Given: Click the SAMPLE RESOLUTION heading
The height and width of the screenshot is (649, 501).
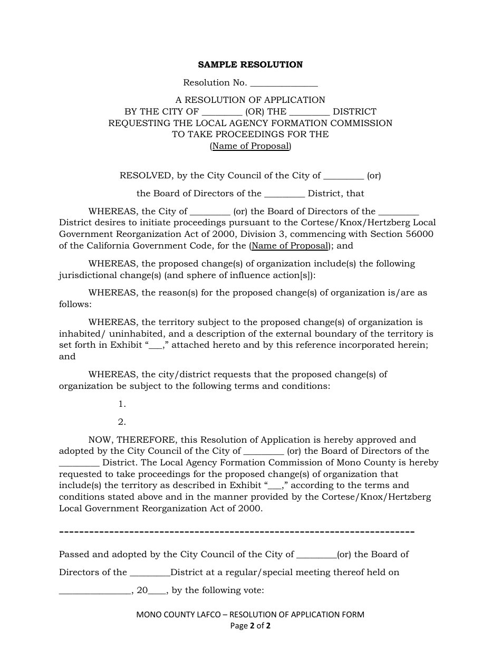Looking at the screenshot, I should [x=250, y=65].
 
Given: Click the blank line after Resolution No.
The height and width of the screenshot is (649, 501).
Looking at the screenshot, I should [x=284, y=83].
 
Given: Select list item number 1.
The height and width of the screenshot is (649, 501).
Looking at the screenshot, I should [x=122, y=404].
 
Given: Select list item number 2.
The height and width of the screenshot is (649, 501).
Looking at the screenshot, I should [x=122, y=422].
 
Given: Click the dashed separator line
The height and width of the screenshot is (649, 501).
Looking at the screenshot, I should [x=236, y=531].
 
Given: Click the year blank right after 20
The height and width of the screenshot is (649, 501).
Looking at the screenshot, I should [x=158, y=591].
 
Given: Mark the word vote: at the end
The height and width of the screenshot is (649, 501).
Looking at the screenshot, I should [x=252, y=590].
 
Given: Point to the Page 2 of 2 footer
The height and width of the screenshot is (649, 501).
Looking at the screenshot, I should [x=250, y=626].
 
